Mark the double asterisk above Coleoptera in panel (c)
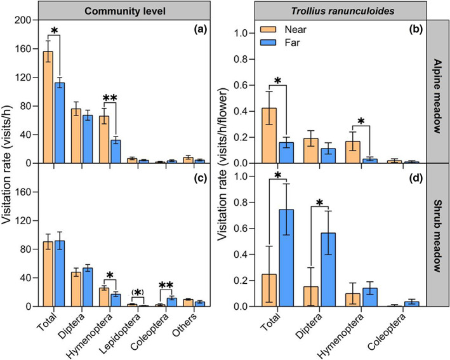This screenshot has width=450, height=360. (x=166, y=285)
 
